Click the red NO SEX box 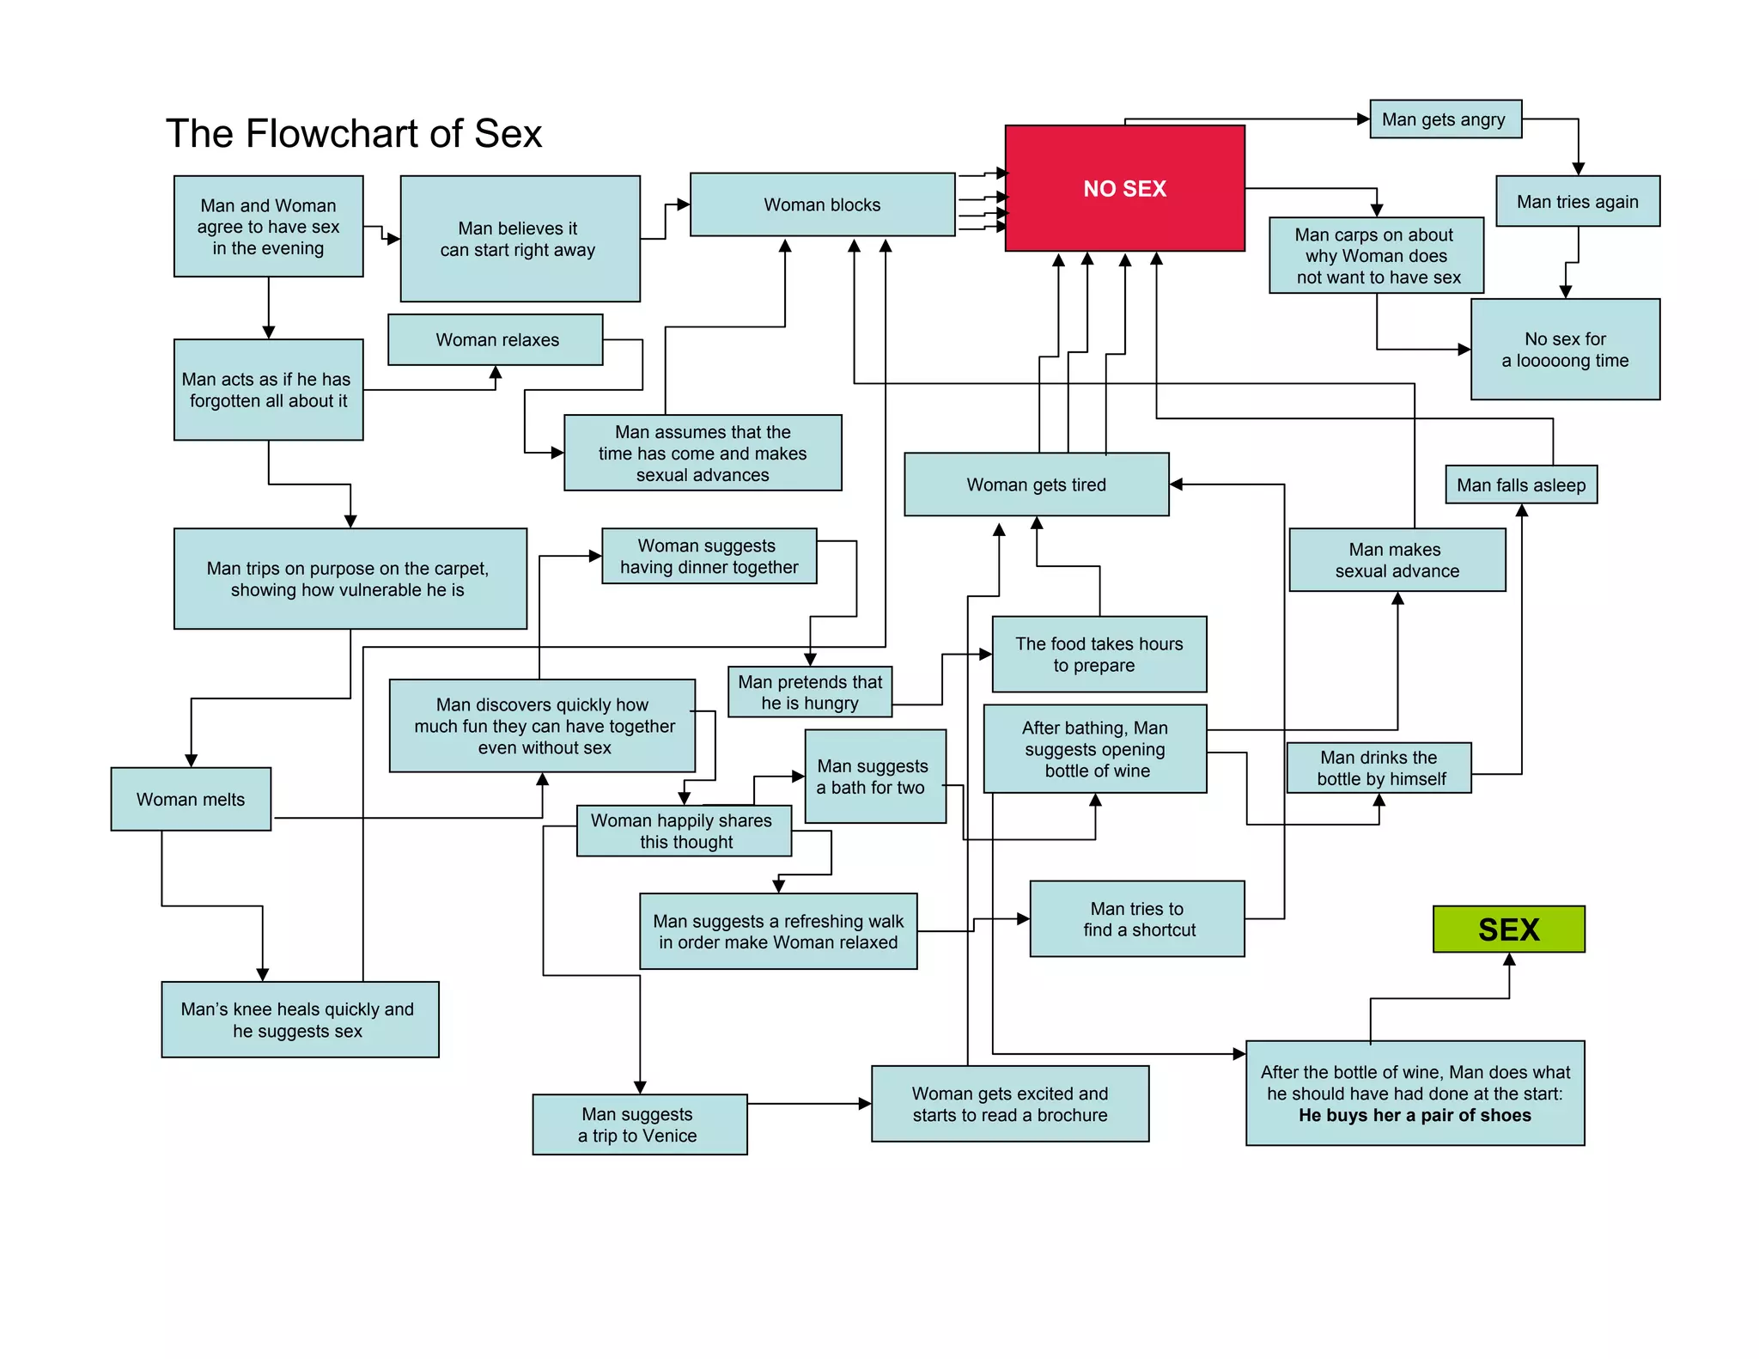[x=1124, y=188]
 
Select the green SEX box [x=1508, y=929]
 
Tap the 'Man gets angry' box [x=1445, y=119]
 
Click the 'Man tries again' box [x=1577, y=202]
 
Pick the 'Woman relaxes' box [x=496, y=340]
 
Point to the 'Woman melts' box [x=191, y=800]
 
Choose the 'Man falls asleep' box [x=1520, y=485]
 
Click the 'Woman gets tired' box [x=1036, y=484]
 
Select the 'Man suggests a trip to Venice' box [x=639, y=1124]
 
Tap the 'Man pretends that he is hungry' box [x=809, y=692]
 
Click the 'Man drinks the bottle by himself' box [x=1379, y=768]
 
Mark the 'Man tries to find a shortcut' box [x=1136, y=919]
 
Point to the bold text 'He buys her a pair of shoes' [x=1414, y=1116]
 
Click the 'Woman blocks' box [x=822, y=204]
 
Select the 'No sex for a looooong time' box [x=1564, y=350]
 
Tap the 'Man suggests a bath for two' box [x=874, y=777]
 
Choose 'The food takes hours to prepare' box [x=1099, y=655]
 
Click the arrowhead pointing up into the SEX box [x=1509, y=960]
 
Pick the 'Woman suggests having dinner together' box [x=709, y=557]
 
